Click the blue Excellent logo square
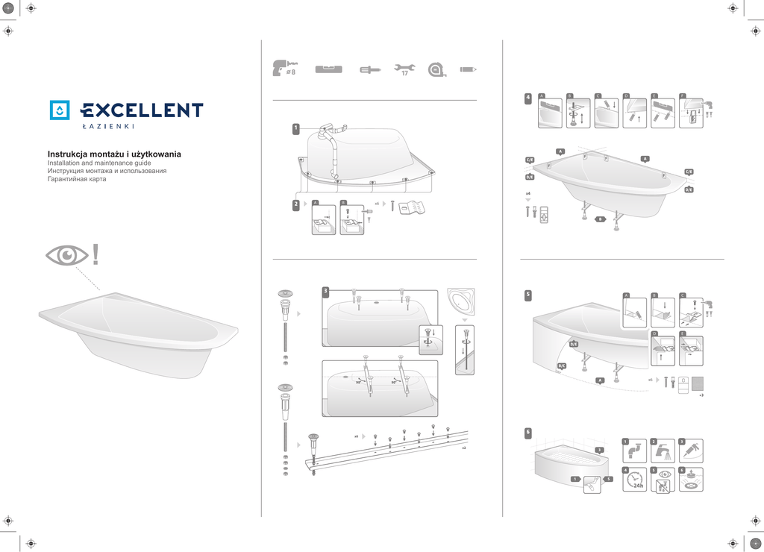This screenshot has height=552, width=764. point(60,110)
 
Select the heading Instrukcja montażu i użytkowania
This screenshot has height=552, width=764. point(114,154)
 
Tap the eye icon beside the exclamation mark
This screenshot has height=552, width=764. point(66,256)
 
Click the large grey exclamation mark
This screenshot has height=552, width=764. point(95,255)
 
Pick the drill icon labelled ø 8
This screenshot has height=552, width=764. point(285,69)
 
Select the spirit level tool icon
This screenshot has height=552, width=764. point(328,69)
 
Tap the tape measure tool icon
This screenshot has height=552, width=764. point(436,69)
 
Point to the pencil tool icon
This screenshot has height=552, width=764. point(469,69)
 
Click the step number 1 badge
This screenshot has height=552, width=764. point(295,128)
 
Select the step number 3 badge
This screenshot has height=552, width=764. point(325,290)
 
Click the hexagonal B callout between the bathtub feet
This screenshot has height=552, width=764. point(599,219)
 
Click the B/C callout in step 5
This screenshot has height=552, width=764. point(562,366)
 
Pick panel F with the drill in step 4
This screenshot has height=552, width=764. point(695,110)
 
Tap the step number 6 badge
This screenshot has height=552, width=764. point(527,432)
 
